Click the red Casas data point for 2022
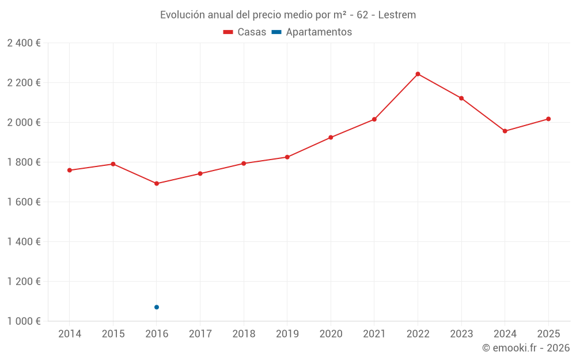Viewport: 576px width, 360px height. tap(418, 74)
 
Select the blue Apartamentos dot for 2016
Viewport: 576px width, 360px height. tap(157, 307)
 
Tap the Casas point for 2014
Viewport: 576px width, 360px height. tap(70, 170)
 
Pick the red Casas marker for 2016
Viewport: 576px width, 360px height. tap(157, 184)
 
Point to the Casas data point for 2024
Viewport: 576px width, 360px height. tap(505, 131)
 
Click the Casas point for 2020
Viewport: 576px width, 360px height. tap(331, 138)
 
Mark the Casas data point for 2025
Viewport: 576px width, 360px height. tap(548, 119)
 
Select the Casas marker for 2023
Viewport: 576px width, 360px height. tap(461, 98)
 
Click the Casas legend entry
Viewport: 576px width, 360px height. tap(245, 32)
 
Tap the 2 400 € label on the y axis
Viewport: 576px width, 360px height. tap(24, 43)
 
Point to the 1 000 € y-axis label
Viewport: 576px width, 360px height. tap(24, 321)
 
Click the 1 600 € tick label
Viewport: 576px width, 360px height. tap(24, 202)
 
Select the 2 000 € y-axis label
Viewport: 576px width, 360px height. tap(24, 123)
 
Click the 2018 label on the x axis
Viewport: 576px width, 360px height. tap(244, 334)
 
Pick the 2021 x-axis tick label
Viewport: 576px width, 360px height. tap(374, 334)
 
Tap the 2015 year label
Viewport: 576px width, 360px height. tap(113, 334)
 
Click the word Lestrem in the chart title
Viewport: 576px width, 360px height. tap(397, 15)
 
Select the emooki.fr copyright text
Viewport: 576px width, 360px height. tap(526, 348)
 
